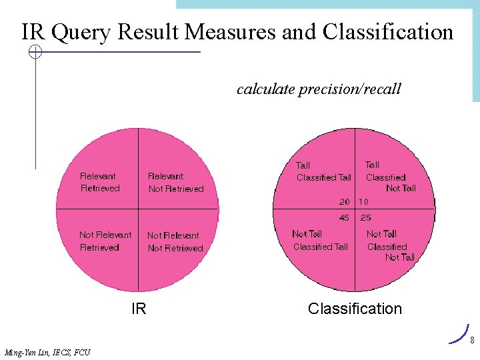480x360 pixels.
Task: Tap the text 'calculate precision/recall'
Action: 319,89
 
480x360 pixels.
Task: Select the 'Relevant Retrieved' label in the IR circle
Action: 99,182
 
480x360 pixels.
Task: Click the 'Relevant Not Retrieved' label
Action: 175,182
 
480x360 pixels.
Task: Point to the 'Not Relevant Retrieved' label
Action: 105,241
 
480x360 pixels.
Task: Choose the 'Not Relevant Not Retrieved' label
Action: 175,241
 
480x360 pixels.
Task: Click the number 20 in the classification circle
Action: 344,201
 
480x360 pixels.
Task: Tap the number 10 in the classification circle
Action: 364,201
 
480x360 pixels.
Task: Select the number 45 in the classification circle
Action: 344,217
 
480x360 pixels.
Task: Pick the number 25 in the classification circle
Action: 365,217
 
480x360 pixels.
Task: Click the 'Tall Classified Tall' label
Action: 323,171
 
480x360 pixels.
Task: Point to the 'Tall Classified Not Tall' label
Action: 389,177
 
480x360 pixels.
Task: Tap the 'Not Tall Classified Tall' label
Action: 320,240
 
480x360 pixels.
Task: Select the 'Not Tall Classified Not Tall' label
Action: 391,245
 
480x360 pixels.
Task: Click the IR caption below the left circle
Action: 139,309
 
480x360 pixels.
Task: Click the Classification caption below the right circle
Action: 355,309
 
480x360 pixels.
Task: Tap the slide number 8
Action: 471,341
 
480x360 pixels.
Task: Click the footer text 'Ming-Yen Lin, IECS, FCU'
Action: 47,352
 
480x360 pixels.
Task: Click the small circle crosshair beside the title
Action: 35,52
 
